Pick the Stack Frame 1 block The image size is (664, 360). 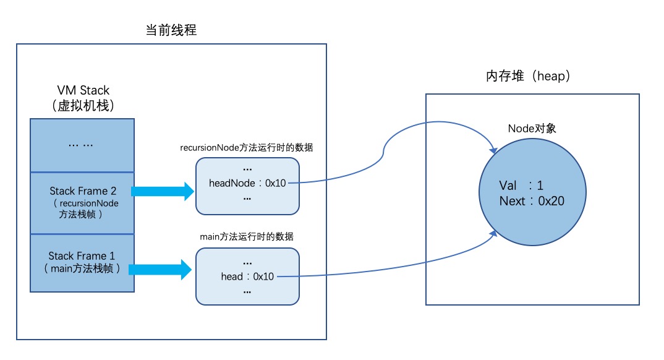[82, 262]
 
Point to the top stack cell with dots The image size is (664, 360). [82, 144]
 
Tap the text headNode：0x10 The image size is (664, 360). [247, 183]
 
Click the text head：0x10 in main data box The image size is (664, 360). [247, 276]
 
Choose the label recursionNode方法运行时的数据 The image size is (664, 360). [247, 148]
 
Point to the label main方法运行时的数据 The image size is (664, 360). [247, 237]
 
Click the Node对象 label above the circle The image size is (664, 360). [532, 129]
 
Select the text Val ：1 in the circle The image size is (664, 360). [521, 186]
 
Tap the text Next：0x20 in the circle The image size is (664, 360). [531, 201]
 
